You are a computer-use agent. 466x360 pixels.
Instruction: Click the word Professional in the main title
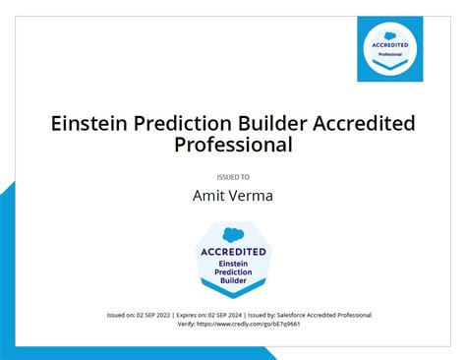point(233,146)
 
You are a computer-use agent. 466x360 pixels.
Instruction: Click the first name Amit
point(208,196)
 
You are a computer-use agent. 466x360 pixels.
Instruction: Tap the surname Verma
point(250,196)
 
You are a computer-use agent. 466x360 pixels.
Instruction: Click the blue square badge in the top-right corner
point(390,49)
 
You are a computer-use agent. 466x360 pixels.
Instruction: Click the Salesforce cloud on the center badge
point(233,234)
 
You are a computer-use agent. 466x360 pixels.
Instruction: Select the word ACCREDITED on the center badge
point(233,251)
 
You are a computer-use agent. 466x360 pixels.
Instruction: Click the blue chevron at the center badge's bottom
point(233,291)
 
